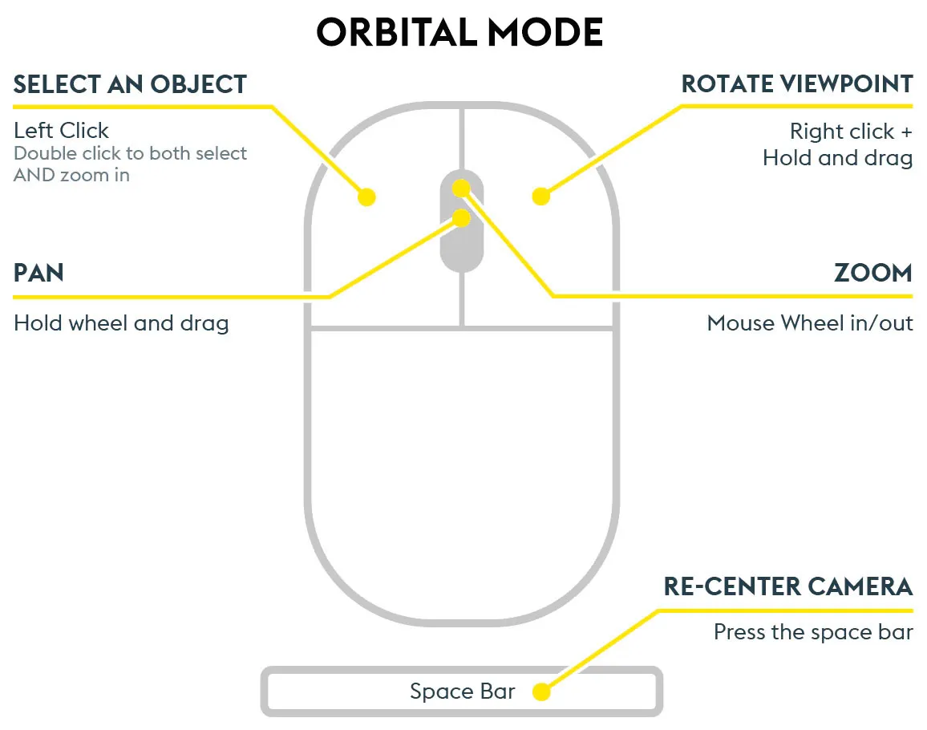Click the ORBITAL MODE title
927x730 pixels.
click(x=459, y=32)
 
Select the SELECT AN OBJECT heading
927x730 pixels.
click(x=130, y=84)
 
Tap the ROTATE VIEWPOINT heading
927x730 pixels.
click(x=797, y=84)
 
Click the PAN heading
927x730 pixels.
click(x=38, y=273)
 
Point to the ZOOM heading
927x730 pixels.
click(x=874, y=273)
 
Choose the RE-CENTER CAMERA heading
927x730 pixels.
click(x=788, y=586)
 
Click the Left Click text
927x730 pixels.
click(x=62, y=130)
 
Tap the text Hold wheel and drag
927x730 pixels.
click(x=121, y=323)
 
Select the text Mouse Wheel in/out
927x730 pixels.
click(x=810, y=323)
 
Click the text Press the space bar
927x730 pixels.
click(x=813, y=632)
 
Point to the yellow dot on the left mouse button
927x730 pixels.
click(x=366, y=197)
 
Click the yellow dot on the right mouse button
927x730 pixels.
click(x=541, y=197)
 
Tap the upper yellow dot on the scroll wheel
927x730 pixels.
click(x=461, y=189)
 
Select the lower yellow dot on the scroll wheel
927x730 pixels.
click(x=461, y=217)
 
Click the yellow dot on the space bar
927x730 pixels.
click(x=541, y=691)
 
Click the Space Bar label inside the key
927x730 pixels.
click(x=463, y=691)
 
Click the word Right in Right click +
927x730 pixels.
click(x=812, y=132)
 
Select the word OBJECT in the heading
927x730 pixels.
click(x=198, y=84)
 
